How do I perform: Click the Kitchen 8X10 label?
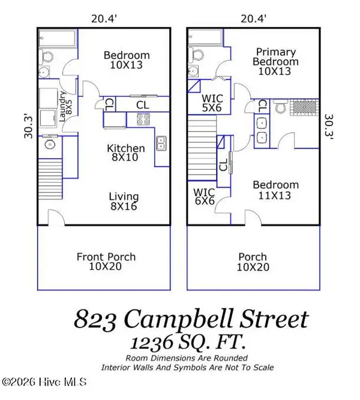point(125,154)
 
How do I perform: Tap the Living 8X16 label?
point(124,201)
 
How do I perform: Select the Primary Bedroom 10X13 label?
point(275,62)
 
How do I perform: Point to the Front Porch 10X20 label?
point(106,262)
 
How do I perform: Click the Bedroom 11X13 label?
point(275,190)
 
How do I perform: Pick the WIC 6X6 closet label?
point(203,197)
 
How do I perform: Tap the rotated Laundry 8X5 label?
point(65,106)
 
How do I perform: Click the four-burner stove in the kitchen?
point(143,120)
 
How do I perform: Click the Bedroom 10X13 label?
point(127,60)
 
